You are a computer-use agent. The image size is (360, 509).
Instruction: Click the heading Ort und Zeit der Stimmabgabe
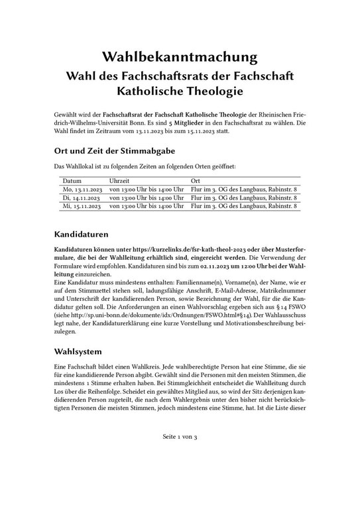(119, 150)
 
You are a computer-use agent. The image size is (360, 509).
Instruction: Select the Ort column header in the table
(196, 180)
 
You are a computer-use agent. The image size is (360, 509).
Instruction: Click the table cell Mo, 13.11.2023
(82, 190)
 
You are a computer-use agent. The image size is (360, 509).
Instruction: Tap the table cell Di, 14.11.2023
(81, 198)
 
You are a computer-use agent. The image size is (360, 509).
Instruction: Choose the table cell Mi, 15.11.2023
(82, 207)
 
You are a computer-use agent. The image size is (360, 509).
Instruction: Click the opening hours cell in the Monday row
(146, 190)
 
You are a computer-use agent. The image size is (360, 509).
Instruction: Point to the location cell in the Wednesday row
(243, 207)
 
